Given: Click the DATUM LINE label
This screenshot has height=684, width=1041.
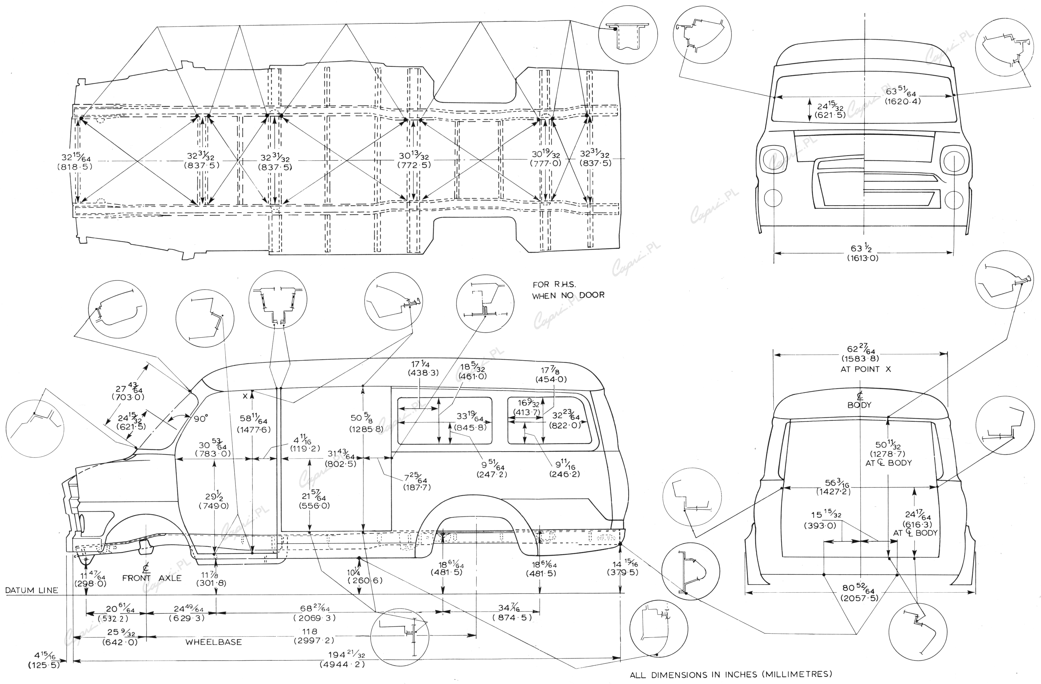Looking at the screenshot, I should pyautogui.click(x=31, y=590).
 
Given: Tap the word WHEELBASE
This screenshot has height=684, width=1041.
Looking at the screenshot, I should pyautogui.click(x=213, y=642).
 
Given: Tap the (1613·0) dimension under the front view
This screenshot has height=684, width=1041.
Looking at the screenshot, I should pyautogui.click(x=861, y=258).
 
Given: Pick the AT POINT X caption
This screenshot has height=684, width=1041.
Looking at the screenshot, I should pyautogui.click(x=865, y=369).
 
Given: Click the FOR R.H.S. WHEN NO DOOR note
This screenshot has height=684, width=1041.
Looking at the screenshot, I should pyautogui.click(x=568, y=290).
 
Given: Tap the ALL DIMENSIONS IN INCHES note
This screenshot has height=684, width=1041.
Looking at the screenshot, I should pyautogui.click(x=730, y=674).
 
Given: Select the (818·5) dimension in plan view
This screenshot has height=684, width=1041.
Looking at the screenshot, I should pyautogui.click(x=75, y=167).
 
